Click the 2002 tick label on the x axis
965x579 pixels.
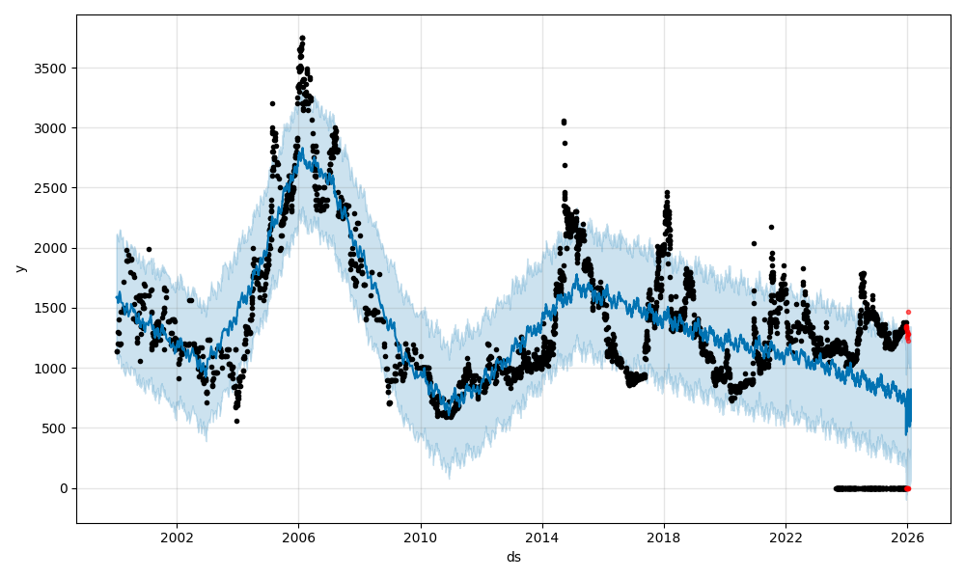177,538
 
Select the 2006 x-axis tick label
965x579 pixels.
298,538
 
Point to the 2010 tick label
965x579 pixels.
420,538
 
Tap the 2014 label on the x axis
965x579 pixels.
542,538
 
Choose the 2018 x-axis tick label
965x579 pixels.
664,538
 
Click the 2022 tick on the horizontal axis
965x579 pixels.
786,538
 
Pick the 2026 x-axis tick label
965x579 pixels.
907,538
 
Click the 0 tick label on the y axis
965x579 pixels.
64,488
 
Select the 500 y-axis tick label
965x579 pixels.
57,428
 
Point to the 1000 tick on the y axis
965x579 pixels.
53,369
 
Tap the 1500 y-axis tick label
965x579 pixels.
53,309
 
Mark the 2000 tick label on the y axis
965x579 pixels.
53,248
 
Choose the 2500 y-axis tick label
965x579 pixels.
53,188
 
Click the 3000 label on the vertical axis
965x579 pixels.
53,128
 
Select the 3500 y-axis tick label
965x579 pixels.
53,69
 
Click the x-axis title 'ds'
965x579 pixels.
513,557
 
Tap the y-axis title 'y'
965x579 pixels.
19,268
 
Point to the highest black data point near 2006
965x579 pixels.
302,38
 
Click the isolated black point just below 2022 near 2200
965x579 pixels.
771,227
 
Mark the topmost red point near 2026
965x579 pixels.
908,312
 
